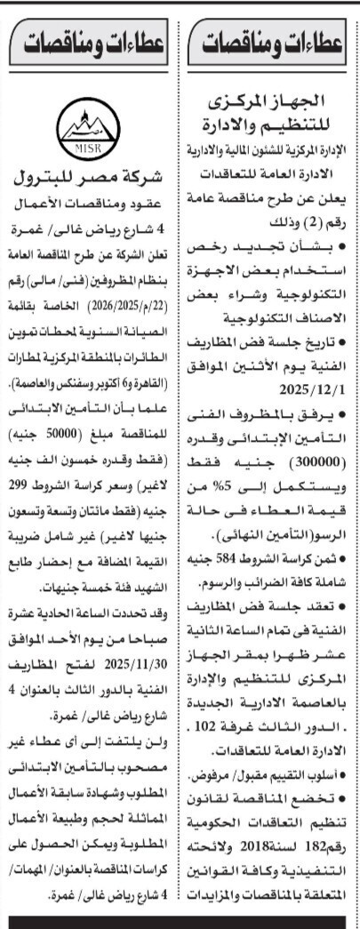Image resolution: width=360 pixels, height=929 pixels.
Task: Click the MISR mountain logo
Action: (90, 130)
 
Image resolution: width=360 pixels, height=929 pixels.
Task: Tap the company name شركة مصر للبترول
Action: (90, 173)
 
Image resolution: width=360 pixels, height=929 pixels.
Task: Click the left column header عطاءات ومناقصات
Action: (90, 41)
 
